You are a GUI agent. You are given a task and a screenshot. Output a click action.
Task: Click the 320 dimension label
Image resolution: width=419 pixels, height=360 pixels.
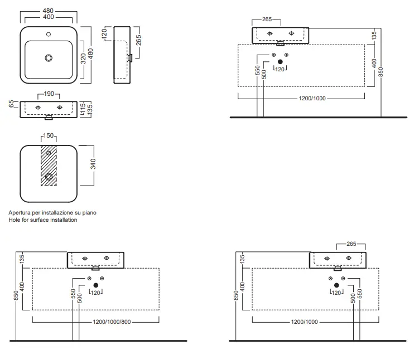(x=83, y=59)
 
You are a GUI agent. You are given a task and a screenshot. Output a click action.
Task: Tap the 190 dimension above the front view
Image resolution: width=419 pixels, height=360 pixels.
(x=49, y=94)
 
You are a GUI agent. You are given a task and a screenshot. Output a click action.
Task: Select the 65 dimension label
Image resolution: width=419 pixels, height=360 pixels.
(x=11, y=104)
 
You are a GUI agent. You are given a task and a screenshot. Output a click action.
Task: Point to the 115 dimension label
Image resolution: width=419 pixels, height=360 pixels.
(x=83, y=109)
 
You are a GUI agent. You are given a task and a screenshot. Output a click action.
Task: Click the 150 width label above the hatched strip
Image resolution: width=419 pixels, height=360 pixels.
(x=49, y=135)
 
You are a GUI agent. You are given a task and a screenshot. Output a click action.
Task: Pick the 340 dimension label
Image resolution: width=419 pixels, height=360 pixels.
(x=93, y=164)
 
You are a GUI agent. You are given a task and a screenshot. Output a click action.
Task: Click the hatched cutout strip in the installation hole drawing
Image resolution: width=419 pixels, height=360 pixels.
(x=49, y=166)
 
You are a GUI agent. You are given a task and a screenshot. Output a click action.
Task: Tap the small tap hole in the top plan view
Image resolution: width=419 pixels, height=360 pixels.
(x=49, y=34)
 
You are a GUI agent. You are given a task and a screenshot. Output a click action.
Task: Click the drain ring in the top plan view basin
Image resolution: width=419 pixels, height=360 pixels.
(x=49, y=58)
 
